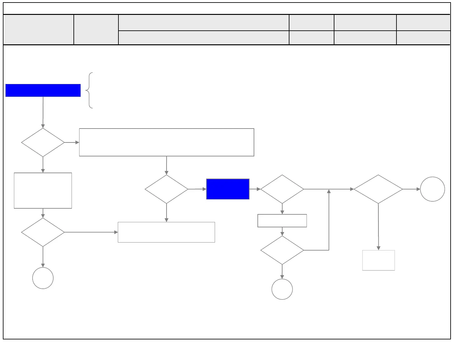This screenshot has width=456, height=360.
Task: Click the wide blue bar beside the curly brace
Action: coord(43,90)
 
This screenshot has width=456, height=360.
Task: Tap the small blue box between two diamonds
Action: coord(228,189)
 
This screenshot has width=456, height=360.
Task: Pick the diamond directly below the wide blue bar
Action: coord(43,142)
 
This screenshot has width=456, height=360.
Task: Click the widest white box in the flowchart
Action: coord(167,142)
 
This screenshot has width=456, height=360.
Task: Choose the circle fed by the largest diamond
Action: coord(432,189)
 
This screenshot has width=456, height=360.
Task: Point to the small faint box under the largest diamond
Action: coord(378,260)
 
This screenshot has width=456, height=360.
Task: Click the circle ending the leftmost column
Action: coord(43,278)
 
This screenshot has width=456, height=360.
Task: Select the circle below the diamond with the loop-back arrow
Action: coord(282,289)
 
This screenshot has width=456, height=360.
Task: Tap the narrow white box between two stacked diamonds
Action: coord(282,221)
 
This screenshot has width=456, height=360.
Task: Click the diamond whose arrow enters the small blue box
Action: coord(166,189)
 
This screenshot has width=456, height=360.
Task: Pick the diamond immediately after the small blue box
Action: coord(282,189)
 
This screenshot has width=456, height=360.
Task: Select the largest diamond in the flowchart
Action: coord(378,189)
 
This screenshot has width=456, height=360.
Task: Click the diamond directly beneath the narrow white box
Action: coord(282,250)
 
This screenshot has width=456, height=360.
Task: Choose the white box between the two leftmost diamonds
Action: coord(43,191)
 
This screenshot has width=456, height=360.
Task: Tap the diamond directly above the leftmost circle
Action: coord(43,232)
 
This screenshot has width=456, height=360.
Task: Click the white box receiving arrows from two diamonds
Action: coord(166,232)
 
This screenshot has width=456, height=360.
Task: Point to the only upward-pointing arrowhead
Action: coord(329,191)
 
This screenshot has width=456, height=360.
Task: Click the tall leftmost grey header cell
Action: coord(38,29)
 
